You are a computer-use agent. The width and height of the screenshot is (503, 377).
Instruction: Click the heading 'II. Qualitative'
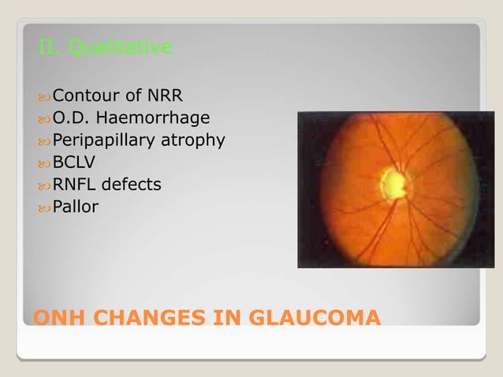click(x=105, y=49)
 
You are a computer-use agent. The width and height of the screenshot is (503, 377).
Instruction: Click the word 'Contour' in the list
click(x=86, y=97)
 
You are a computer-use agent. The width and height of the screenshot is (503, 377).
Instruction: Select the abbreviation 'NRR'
click(x=165, y=97)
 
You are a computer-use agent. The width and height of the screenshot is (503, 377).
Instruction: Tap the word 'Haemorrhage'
click(x=162, y=119)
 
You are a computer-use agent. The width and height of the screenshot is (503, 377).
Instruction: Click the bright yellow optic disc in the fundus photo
click(x=393, y=184)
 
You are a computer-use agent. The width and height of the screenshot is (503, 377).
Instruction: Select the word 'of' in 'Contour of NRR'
click(x=132, y=97)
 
